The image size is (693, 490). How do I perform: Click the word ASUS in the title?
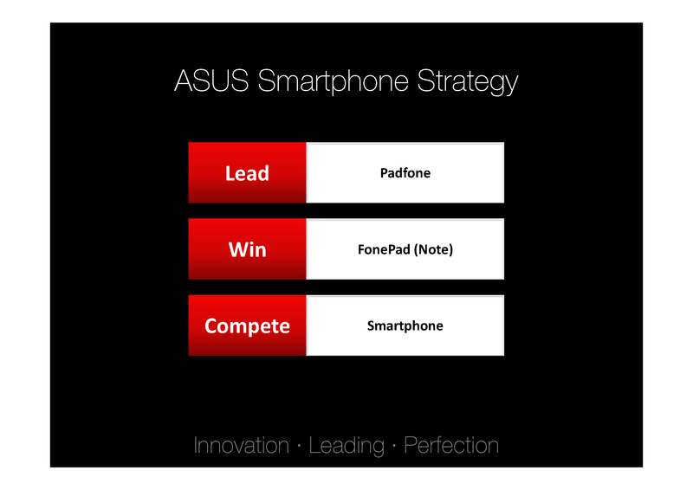pos(211,81)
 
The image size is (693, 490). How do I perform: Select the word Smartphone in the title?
pos(333,81)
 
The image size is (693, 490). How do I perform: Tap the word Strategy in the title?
pos(468,82)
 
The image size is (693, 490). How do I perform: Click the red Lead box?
pos(247,173)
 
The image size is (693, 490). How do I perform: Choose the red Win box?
pos(247,249)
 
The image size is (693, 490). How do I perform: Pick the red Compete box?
pos(247,326)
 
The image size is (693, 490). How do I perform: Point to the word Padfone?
pos(405,173)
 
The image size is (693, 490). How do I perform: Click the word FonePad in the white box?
pos(384,249)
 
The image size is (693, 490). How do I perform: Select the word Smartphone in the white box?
pos(405,326)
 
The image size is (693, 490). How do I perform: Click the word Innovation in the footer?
pos(242,445)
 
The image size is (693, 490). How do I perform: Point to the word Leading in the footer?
pos(346,446)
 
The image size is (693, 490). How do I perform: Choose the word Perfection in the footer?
pos(451,445)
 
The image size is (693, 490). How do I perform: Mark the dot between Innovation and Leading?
pos(299,446)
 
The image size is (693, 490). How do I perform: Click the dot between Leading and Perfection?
pos(394,446)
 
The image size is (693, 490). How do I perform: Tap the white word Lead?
pos(247,173)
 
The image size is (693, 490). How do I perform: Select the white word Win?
pos(248,249)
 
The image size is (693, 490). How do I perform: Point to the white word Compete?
pos(247,326)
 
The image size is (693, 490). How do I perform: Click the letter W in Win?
pos(237,249)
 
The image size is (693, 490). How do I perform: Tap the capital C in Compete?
pos(210,326)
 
